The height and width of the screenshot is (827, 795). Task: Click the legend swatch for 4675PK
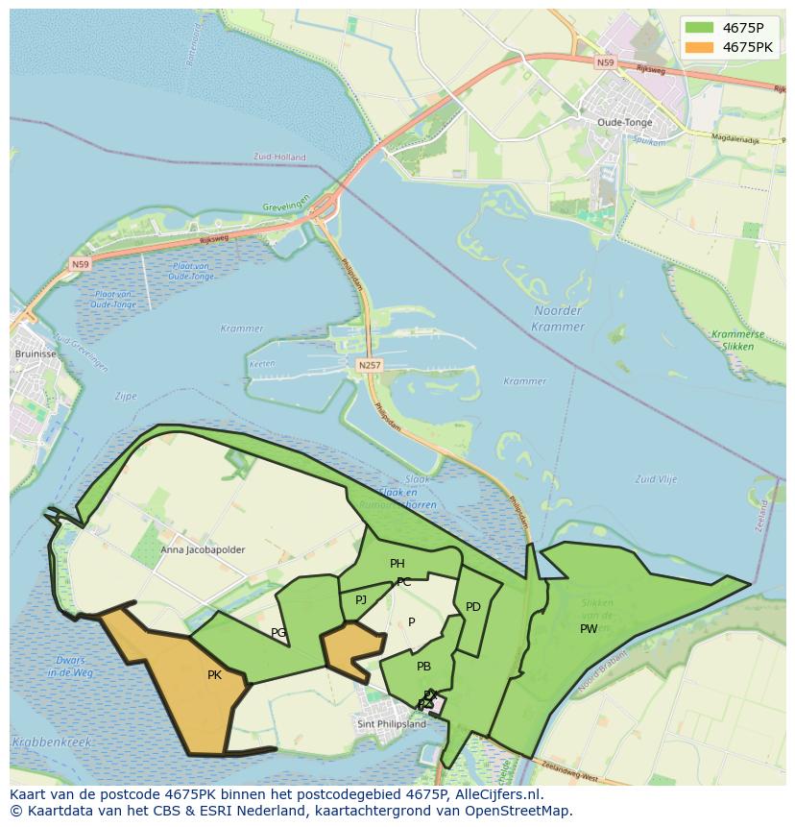(699, 47)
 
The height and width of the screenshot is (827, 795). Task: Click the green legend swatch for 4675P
(699, 28)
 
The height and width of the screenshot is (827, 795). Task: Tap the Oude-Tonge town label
(624, 122)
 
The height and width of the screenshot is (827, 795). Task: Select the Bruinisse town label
(34, 353)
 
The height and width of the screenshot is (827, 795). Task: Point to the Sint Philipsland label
(391, 724)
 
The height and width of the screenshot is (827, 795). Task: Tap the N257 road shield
(369, 365)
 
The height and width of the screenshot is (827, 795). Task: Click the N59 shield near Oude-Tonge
(605, 62)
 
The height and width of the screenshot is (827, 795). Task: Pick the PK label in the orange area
(214, 675)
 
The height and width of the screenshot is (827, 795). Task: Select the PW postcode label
(589, 629)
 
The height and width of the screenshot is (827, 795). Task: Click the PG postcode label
(278, 633)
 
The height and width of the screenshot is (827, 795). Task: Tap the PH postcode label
(397, 564)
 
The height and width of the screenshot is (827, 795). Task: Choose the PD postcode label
(473, 607)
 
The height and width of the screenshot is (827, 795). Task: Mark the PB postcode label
(423, 667)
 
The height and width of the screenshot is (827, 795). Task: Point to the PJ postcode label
(361, 600)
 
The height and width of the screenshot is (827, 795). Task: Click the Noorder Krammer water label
(558, 318)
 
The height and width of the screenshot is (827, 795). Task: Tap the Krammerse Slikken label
(739, 339)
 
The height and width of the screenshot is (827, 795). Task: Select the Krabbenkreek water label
(51, 742)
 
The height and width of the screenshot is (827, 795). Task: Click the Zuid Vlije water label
(657, 478)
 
